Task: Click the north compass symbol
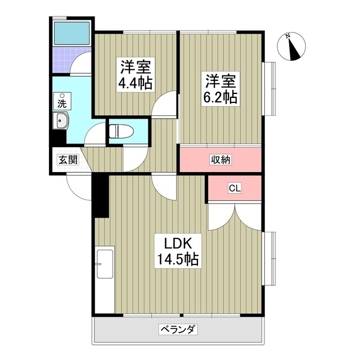tap(292, 47)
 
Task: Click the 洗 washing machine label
tap(62, 103)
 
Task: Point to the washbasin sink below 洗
tap(60, 121)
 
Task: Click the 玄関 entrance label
tap(66, 159)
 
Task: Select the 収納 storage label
tap(221, 160)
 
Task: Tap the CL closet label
tap(235, 188)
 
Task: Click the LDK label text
tap(178, 244)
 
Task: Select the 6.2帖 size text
tap(219, 97)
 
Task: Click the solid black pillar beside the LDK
tap(100, 196)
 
